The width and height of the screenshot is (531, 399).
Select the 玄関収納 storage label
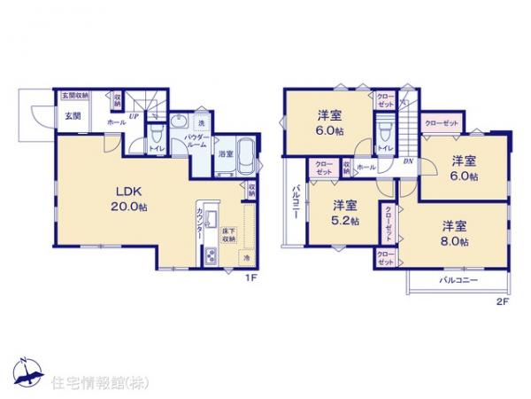[x=74, y=95]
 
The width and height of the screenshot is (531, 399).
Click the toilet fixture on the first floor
[x=156, y=136]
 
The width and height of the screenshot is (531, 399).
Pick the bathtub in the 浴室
[x=247, y=155]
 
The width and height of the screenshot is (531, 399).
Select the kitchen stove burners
[x=212, y=257]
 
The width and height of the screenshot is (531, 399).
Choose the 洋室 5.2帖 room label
[x=345, y=213]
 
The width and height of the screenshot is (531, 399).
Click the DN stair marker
[x=408, y=161]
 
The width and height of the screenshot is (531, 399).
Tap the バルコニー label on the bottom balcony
[x=458, y=280]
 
